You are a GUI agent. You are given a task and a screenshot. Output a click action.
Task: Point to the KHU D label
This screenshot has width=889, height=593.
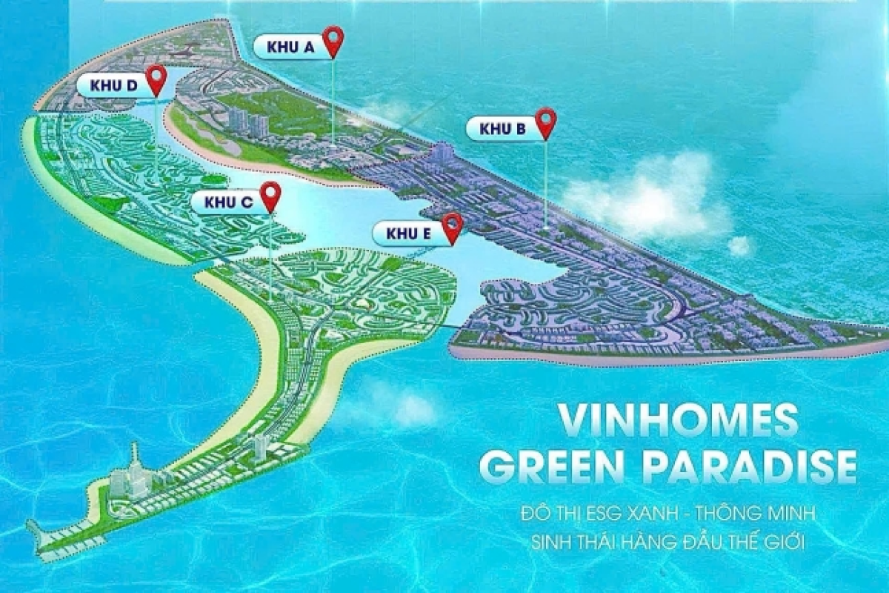coord(114,85)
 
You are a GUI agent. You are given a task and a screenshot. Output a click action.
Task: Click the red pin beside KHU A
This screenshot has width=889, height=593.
coord(333,40)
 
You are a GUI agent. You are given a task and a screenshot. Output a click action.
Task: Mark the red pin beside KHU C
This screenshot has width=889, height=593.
coord(272,195)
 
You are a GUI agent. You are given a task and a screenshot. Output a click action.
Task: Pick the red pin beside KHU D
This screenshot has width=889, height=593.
coord(156,78)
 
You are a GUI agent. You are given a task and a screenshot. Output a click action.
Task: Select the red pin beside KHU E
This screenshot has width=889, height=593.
coord(452,226)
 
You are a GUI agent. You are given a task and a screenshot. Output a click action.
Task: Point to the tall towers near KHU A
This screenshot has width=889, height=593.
coord(248,122)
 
